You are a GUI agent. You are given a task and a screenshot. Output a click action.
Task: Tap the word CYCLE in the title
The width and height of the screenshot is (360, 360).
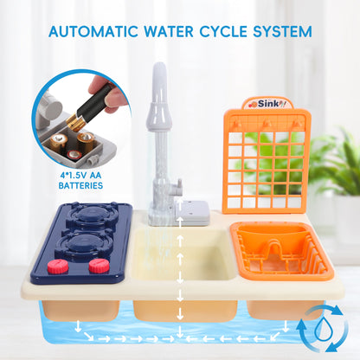click(223, 31)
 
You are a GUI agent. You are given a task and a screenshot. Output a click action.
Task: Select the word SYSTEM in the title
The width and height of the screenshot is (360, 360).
click(282, 31)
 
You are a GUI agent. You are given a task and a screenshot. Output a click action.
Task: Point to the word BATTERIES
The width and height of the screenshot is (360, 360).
click(80, 185)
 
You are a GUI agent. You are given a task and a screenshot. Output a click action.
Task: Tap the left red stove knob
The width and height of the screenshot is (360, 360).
click(58, 267)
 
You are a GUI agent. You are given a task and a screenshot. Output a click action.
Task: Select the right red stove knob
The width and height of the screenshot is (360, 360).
click(99, 266)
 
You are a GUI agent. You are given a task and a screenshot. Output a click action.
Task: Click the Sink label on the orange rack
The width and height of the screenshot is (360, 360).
click(267, 104)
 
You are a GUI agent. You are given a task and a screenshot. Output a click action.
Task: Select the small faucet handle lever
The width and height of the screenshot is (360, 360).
click(177, 188)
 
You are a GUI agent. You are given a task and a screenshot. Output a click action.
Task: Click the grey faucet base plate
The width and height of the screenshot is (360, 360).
click(180, 214)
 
